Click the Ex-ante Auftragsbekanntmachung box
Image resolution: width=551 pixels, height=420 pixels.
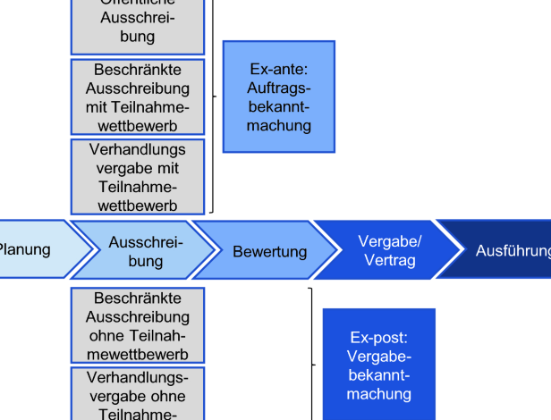[x=278, y=97]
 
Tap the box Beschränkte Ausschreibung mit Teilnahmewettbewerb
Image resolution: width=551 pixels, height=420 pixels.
[x=138, y=97]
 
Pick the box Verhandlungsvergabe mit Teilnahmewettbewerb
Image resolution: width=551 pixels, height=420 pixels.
[x=138, y=176]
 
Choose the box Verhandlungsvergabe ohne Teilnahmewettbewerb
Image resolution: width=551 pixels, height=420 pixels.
[x=138, y=393]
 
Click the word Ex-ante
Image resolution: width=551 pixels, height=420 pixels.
[x=279, y=69]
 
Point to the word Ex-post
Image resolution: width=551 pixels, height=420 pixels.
[x=378, y=338]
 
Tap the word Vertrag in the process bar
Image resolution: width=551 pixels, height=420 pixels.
[x=390, y=261]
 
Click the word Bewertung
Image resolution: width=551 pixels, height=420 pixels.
[x=269, y=252]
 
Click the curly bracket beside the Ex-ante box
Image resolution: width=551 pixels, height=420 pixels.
[x=213, y=97]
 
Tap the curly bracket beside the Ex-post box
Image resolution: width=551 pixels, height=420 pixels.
[x=312, y=365]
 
